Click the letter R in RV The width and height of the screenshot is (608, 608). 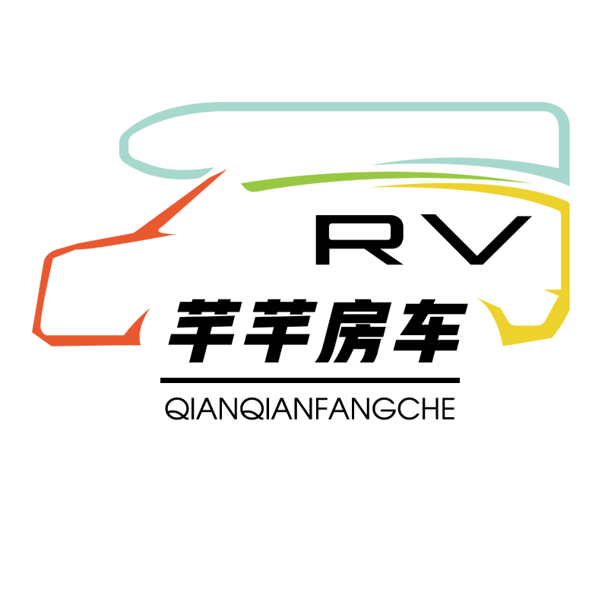click(359, 240)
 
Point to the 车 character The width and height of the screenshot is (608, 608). click(430, 331)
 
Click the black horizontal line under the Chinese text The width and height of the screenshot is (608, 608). click(310, 381)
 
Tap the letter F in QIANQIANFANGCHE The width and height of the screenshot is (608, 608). click(321, 409)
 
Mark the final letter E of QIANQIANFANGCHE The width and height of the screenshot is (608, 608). click(448, 409)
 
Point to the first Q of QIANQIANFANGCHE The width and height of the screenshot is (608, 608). click(176, 409)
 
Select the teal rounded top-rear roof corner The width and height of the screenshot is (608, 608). click(559, 116)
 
